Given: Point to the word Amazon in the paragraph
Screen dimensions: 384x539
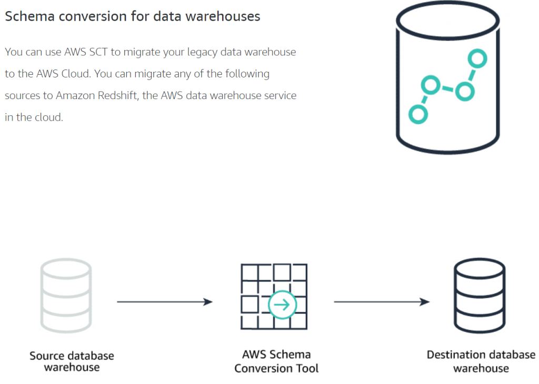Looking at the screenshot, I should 74,96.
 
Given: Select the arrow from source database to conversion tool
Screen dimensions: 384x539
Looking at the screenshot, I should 164,302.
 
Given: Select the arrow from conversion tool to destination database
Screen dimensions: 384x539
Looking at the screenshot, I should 381,302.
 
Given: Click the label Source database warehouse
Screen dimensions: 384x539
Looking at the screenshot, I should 72,361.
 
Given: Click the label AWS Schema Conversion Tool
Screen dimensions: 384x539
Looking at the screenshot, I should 276,361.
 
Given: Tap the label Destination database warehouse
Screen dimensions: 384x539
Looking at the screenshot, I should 481,361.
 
